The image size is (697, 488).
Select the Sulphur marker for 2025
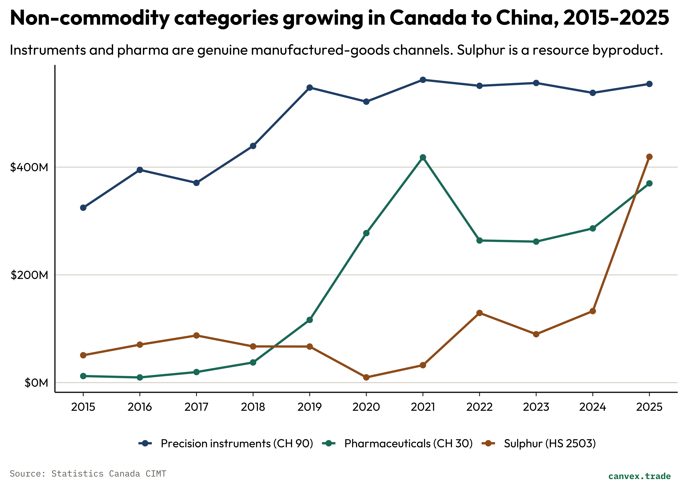tap(649, 157)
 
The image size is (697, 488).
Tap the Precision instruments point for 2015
tap(83, 208)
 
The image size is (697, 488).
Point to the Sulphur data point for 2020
tap(366, 377)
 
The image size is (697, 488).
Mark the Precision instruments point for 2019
tap(310, 88)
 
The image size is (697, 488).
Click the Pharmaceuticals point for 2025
tap(649, 183)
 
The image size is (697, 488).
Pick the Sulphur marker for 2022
tap(479, 313)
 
